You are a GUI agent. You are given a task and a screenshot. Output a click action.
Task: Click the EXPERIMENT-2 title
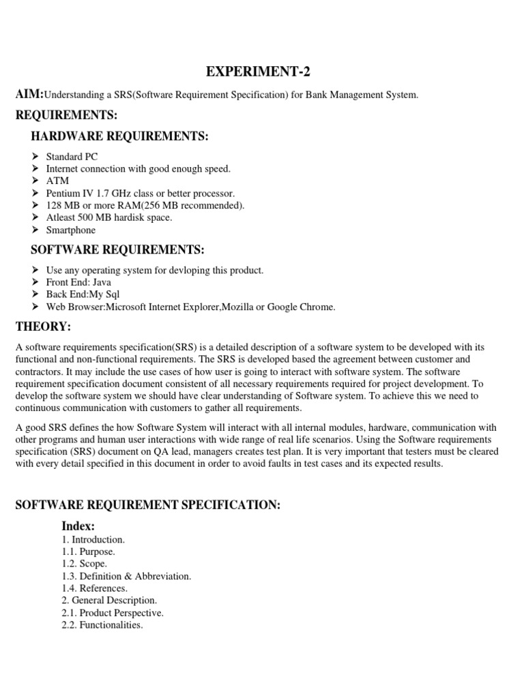tap(262, 73)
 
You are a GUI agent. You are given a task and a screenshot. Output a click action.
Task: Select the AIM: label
tap(30, 94)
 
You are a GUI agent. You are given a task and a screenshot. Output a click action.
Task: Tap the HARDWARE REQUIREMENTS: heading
tap(119, 137)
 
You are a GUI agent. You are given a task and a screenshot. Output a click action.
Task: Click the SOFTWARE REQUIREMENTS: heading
tap(117, 250)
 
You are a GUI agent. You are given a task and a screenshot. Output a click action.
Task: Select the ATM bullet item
tap(57, 181)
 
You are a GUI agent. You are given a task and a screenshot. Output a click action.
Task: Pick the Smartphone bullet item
tap(71, 230)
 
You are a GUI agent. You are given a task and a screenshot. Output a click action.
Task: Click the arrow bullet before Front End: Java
tap(36, 282)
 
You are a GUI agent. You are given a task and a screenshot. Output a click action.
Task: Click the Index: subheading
tap(78, 526)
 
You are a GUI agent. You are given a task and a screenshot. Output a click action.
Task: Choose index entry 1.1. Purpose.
tap(89, 551)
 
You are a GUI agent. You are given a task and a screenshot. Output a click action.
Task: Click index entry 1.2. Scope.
tap(85, 564)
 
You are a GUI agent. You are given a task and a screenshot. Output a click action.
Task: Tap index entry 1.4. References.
tap(95, 588)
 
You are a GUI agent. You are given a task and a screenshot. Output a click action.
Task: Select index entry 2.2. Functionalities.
tap(102, 625)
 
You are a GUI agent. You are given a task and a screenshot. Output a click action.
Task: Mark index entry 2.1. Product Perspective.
tap(113, 613)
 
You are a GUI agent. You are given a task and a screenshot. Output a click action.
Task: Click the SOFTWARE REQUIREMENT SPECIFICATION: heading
tap(147, 504)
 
